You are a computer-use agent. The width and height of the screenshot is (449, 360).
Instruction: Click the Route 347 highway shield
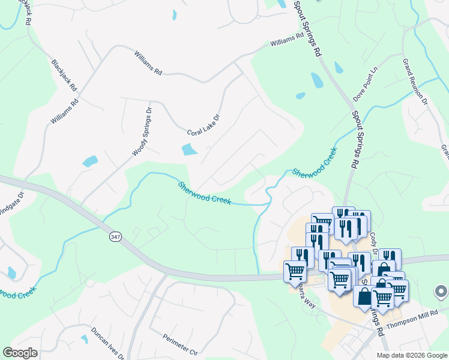(113, 238)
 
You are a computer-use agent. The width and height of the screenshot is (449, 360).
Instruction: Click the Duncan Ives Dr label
(108, 343)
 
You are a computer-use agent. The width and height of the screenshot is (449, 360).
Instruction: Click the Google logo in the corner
(20, 353)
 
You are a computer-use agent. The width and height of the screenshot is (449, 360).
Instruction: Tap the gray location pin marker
(441, 292)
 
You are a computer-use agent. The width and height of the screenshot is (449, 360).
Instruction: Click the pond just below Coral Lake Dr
(190, 149)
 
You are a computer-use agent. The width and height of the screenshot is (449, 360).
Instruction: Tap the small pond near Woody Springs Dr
(90, 161)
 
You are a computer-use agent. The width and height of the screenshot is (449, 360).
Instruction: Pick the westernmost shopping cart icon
(295, 271)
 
